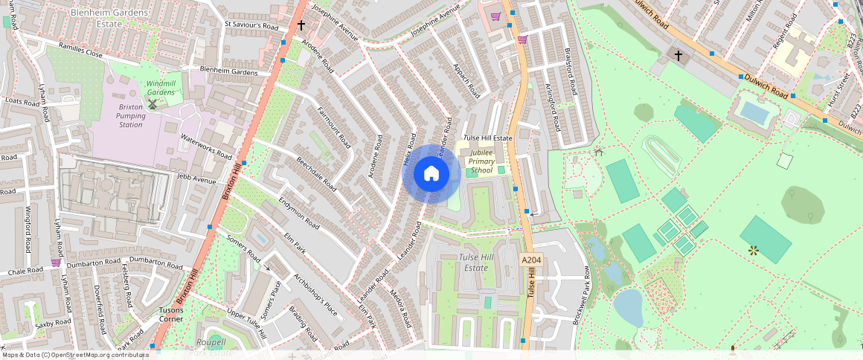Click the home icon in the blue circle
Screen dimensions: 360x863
[431, 174]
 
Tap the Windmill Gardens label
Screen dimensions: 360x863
[160, 88]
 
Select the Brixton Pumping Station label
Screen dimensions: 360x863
[130, 115]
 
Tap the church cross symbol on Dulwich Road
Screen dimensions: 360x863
[678, 55]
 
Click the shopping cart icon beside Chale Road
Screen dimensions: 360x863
[56, 263]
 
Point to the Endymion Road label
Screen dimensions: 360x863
[299, 213]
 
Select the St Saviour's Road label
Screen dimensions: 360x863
[251, 26]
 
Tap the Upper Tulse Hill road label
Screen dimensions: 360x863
[246, 323]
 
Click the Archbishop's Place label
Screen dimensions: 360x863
[315, 295]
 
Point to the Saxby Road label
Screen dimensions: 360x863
[53, 323]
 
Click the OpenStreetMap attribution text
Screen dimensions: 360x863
[74, 355]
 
